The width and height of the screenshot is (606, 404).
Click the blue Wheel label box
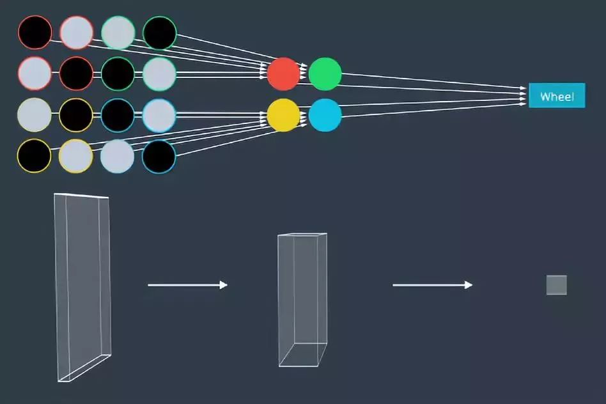(557, 95)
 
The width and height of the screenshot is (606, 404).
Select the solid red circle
(283, 74)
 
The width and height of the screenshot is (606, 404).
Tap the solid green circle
(325, 74)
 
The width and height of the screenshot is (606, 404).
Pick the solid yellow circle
(283, 115)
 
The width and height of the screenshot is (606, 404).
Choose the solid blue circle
(325, 115)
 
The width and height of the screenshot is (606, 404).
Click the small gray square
(557, 285)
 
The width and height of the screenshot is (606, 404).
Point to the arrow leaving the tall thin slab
(187, 285)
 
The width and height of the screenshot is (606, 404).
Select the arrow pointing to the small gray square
(433, 285)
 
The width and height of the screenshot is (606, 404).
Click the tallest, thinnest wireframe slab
(82, 288)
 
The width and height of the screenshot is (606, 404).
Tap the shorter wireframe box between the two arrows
(302, 300)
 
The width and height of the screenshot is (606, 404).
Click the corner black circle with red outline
(35, 33)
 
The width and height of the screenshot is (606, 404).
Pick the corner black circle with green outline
(160, 33)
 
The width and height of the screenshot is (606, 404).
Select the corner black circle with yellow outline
(34, 156)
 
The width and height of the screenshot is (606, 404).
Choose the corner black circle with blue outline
(159, 156)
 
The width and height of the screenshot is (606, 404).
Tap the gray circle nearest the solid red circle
(159, 74)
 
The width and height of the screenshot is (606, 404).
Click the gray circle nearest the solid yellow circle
(159, 115)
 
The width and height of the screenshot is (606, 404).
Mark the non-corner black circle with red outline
(76, 74)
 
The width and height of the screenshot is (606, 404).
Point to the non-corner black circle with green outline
(118, 74)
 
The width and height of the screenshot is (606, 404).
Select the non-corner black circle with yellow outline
(75, 115)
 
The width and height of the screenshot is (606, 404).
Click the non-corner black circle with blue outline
(118, 115)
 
